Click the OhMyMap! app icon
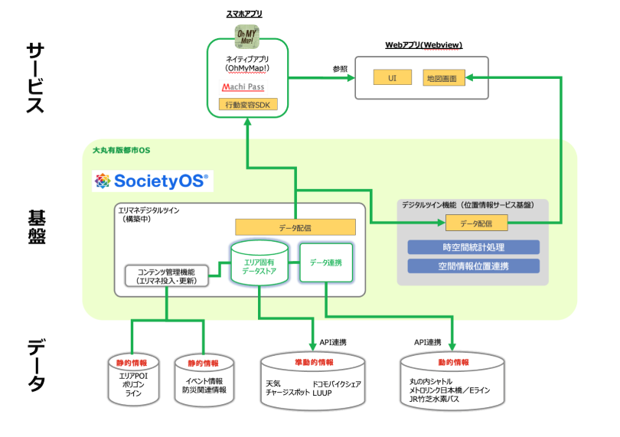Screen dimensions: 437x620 click(x=248, y=36)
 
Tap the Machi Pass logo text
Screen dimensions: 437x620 click(x=243, y=87)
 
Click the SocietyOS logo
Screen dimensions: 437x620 click(x=150, y=181)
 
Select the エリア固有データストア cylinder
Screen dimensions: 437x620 click(x=259, y=263)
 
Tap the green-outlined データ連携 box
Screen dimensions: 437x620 click(x=325, y=263)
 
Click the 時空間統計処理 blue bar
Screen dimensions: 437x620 click(x=473, y=247)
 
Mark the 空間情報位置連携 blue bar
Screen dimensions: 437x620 click(x=473, y=266)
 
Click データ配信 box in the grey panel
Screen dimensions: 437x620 click(x=476, y=223)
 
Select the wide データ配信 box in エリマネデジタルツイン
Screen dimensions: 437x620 click(x=295, y=227)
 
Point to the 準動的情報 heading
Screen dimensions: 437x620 click(x=314, y=362)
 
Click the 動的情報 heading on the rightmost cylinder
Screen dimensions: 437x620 click(x=453, y=362)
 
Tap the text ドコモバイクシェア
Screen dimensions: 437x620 click(x=336, y=383)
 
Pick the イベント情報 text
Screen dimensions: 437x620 click(x=204, y=381)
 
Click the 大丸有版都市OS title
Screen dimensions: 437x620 click(x=120, y=149)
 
